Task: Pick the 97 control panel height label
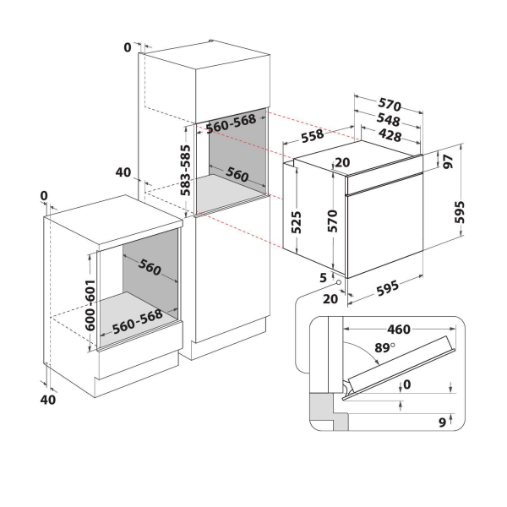(x=447, y=161)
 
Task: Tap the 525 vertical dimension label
(x=297, y=221)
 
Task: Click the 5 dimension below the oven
(x=323, y=275)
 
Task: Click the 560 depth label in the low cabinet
(x=150, y=269)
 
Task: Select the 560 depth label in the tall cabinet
(x=237, y=176)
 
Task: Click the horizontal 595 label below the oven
(x=389, y=287)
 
